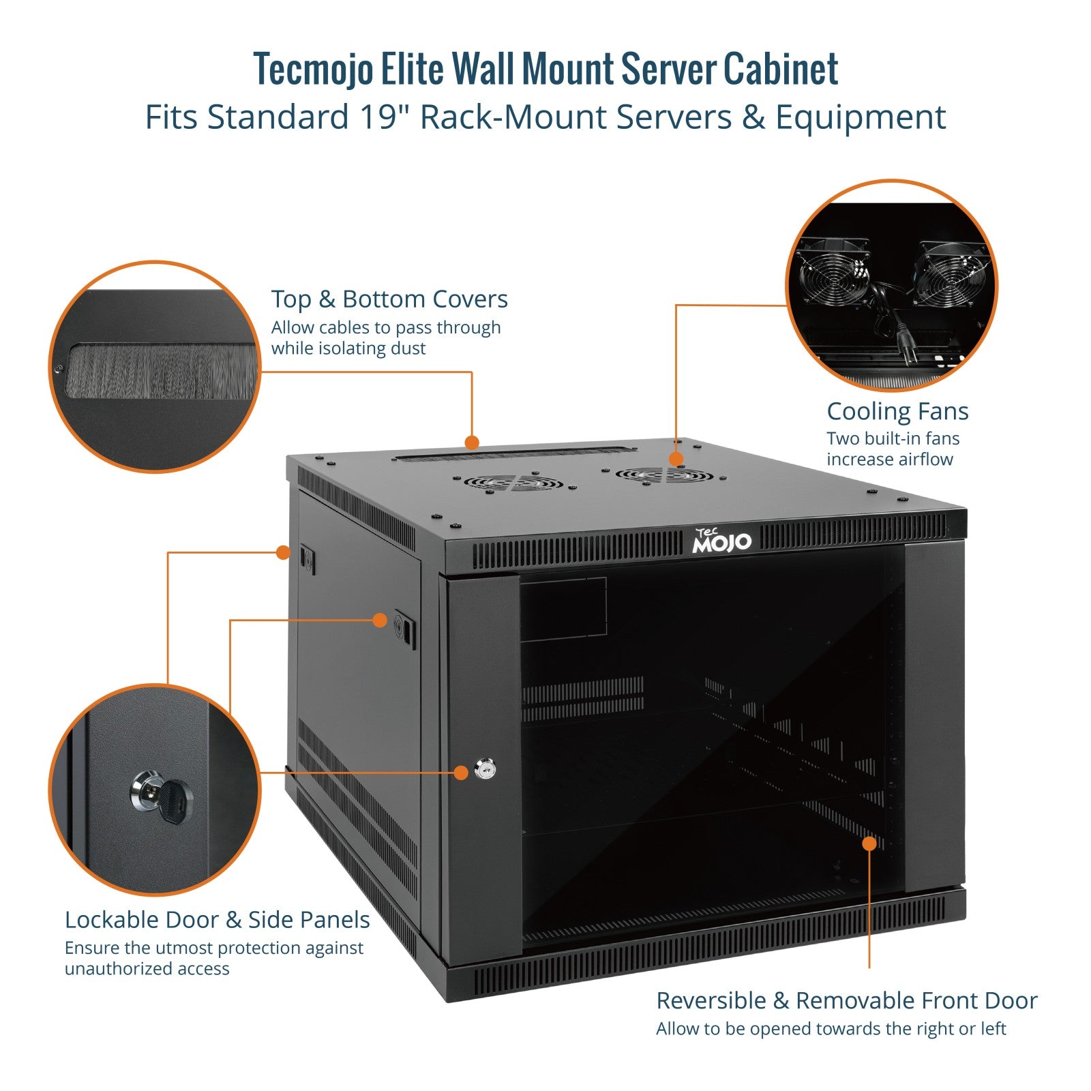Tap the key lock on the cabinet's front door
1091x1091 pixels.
pyautogui.click(x=485, y=771)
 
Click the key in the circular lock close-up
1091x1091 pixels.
pyautogui.click(x=175, y=801)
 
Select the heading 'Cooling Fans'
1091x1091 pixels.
pyautogui.click(x=897, y=411)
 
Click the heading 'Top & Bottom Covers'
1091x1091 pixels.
pyautogui.click(x=389, y=299)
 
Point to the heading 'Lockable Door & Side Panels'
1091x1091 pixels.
pyautogui.click(x=217, y=920)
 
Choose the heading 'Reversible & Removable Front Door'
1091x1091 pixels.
pyautogui.click(x=846, y=1000)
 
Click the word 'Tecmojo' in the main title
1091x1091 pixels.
pyautogui.click(x=314, y=70)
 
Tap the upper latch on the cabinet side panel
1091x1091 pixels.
pyautogui.click(x=306, y=558)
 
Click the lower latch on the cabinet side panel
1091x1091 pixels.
pyautogui.click(x=404, y=628)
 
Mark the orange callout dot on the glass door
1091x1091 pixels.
pyautogui.click(x=869, y=843)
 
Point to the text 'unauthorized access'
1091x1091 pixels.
pyautogui.click(x=147, y=969)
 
